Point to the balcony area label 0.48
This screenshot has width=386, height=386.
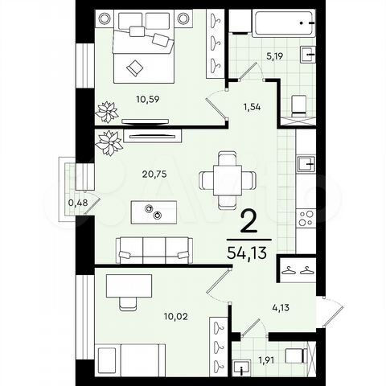[x=79, y=202]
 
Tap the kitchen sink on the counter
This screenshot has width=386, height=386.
[x=307, y=166]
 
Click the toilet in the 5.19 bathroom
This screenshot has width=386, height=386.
[x=299, y=102]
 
